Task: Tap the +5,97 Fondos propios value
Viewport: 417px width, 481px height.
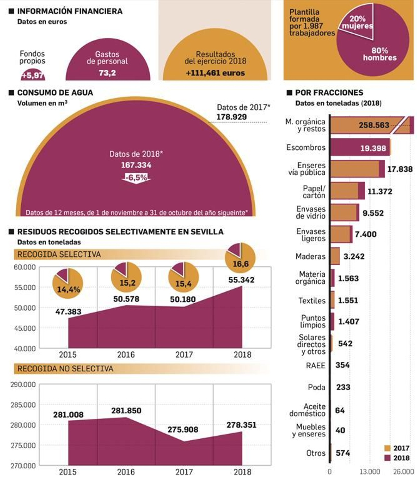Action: (x=33, y=75)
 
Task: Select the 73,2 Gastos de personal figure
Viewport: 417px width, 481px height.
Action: (x=107, y=73)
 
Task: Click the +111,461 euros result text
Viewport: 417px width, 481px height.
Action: (x=215, y=73)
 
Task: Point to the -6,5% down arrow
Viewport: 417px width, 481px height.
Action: (x=136, y=178)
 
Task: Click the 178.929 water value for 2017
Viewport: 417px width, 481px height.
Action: (x=231, y=117)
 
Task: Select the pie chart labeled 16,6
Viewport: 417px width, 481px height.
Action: (x=240, y=258)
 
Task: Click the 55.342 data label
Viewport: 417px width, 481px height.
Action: (x=241, y=280)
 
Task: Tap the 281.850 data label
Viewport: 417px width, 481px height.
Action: (x=126, y=411)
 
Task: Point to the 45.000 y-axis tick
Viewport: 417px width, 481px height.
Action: (x=25, y=328)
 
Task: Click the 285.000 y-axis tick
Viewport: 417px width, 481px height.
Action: (x=23, y=405)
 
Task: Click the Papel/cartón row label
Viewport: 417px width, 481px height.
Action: (x=314, y=192)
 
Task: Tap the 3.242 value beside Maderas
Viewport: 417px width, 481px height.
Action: (x=354, y=256)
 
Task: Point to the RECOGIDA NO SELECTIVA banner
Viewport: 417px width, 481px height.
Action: (x=65, y=369)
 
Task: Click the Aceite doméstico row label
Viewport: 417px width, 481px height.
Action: (x=308, y=410)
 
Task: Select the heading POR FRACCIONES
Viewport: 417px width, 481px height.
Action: (x=329, y=93)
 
